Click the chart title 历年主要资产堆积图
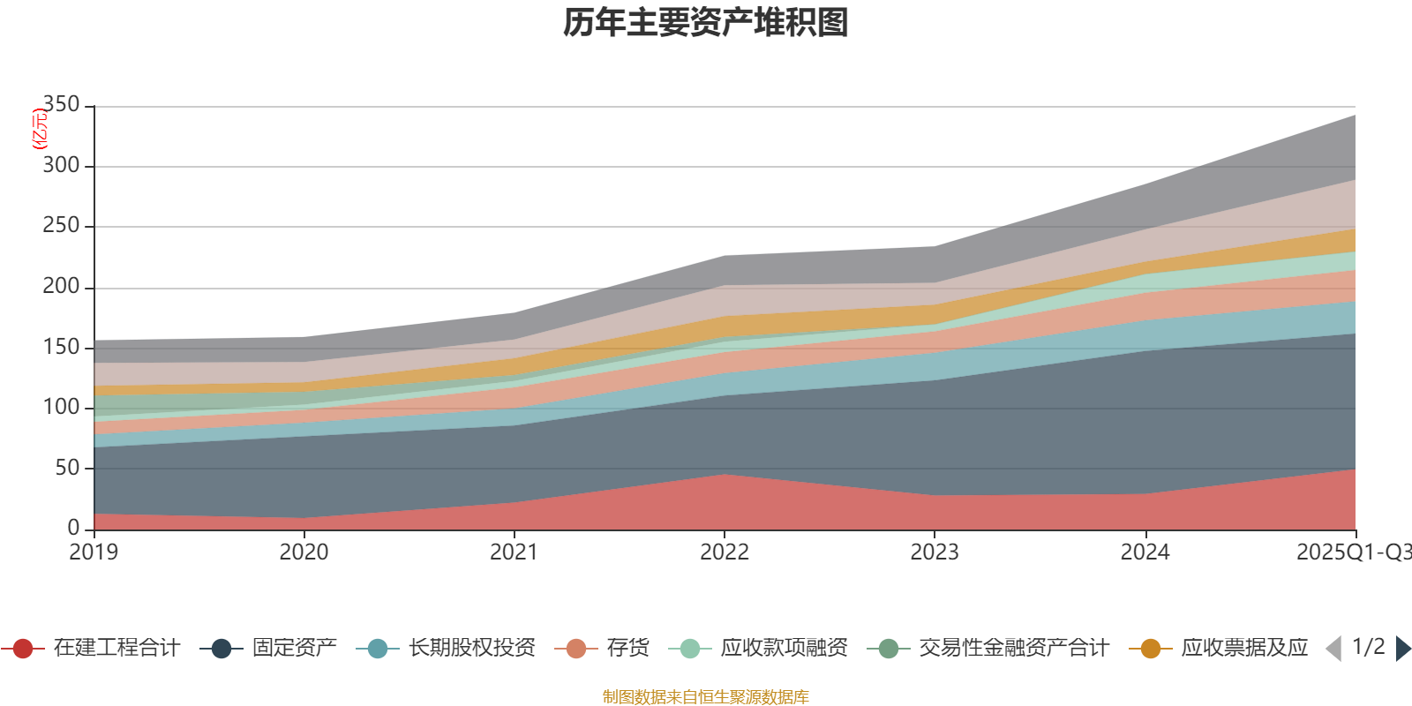point(706,23)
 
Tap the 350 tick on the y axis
point(61,105)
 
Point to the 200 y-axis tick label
point(61,287)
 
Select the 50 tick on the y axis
point(67,468)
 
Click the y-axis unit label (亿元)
point(39,129)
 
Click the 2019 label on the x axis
point(94,552)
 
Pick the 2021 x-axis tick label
point(514,552)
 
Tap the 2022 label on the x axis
point(724,552)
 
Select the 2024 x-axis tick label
point(1145,552)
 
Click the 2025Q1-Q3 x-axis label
point(1352,552)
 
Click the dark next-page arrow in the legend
point(1402,649)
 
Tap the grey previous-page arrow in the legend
point(1333,649)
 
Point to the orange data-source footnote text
point(706,697)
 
